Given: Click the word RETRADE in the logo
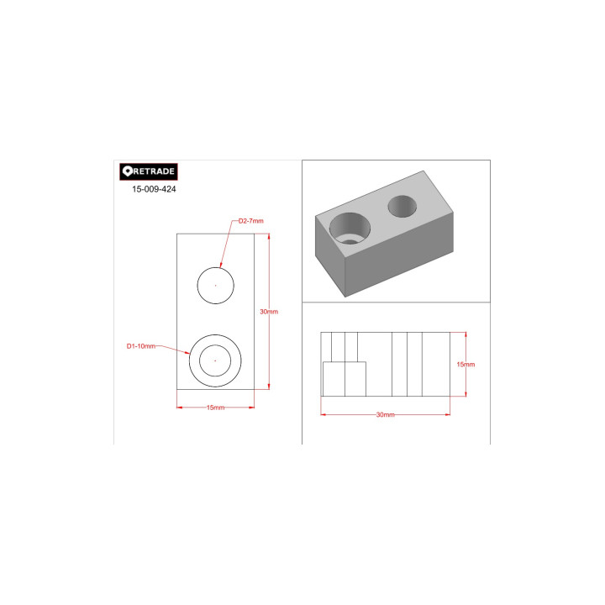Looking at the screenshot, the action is click(154, 171).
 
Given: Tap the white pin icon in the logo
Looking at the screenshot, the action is click(128, 171).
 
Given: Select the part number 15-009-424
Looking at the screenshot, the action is click(154, 189).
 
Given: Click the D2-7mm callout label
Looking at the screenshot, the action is click(250, 221).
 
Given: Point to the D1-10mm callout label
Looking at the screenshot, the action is click(141, 346).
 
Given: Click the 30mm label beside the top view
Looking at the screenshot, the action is click(269, 312).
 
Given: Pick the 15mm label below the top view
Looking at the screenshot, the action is click(215, 408).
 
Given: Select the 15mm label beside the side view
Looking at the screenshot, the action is click(466, 364).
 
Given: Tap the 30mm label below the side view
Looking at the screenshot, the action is click(386, 415).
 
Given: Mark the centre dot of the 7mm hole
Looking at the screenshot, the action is click(215, 286).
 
